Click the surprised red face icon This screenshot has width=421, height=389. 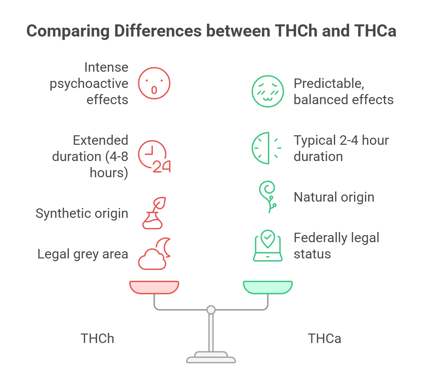click(x=154, y=83)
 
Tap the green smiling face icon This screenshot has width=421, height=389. click(x=267, y=91)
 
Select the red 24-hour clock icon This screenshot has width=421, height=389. click(x=154, y=156)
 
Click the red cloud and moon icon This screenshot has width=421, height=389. click(x=154, y=254)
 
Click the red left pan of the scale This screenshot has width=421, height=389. click(x=154, y=287)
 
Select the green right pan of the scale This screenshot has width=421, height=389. click(x=268, y=287)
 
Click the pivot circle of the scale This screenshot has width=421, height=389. click(x=211, y=310)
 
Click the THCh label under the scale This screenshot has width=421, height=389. click(x=97, y=339)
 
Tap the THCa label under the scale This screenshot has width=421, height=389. click(x=324, y=339)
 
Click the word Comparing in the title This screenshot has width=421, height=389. click(x=68, y=31)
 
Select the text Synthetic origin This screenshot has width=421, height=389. click(x=82, y=213)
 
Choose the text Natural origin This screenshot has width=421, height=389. click(x=334, y=197)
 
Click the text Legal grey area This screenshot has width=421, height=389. click(x=83, y=254)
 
